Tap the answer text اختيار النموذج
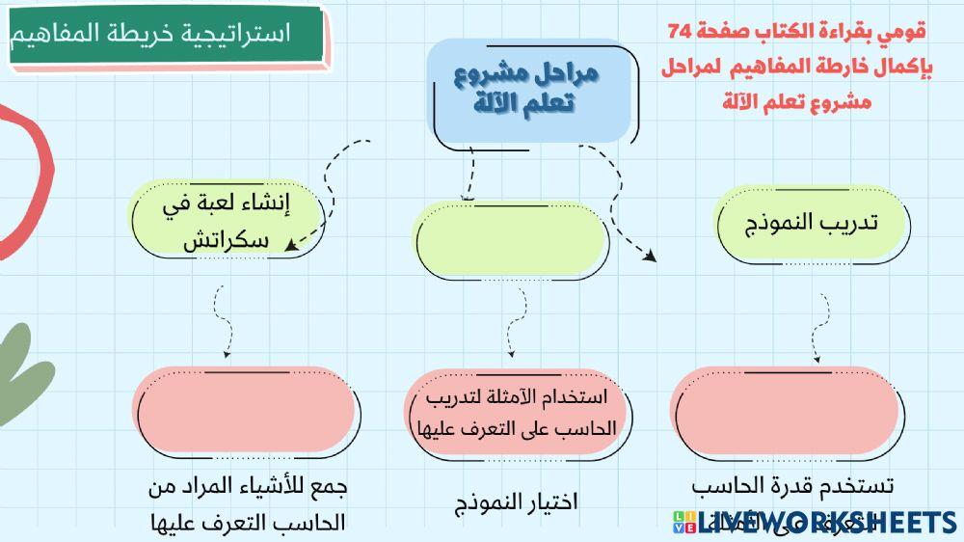click(517, 502)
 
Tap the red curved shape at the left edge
click(29, 174)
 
